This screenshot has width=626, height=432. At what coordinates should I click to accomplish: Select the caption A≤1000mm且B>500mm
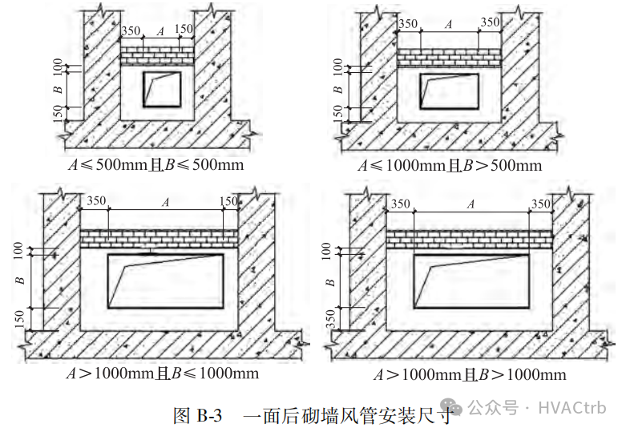(449, 166)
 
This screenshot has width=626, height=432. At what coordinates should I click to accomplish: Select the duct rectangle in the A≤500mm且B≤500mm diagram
(162, 89)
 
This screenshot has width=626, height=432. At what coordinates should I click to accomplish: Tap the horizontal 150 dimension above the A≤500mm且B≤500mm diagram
(184, 30)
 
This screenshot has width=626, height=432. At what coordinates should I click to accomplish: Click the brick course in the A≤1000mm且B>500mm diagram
(449, 57)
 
